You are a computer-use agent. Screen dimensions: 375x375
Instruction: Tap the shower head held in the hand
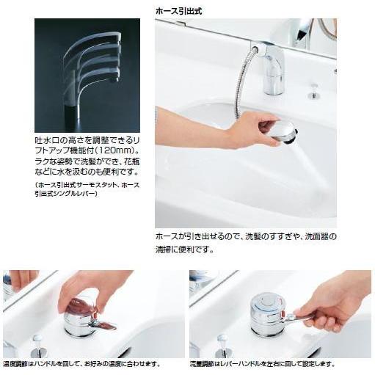coord(283,133)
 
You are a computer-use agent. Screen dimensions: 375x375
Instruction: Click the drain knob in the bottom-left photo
coord(39,340)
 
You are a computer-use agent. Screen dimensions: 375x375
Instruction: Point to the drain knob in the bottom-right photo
coord(222,340)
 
